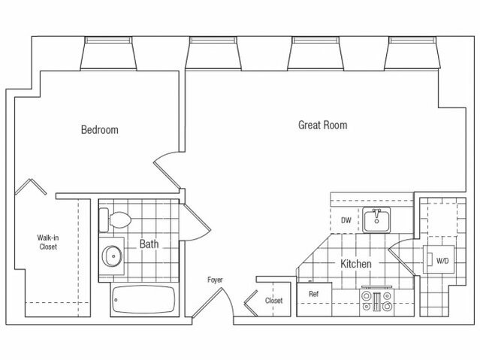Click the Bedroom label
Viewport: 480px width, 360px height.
pyautogui.click(x=99, y=129)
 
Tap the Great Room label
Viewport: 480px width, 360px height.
pyautogui.click(x=323, y=125)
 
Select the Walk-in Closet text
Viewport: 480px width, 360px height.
pyautogui.click(x=48, y=242)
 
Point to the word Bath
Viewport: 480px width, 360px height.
pyautogui.click(x=149, y=244)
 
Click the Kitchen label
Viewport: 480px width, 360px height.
pyautogui.click(x=356, y=264)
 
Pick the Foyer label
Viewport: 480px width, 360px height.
pyautogui.click(x=215, y=280)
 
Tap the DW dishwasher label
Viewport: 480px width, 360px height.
pyautogui.click(x=346, y=220)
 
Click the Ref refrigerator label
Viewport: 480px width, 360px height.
pyautogui.click(x=313, y=294)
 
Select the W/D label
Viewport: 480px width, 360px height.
pyautogui.click(x=442, y=261)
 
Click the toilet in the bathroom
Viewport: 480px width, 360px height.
pyautogui.click(x=116, y=220)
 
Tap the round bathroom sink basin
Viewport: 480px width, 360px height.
pyautogui.click(x=112, y=256)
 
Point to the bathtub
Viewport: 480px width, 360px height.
pyautogui.click(x=143, y=300)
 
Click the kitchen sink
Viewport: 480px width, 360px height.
pyautogui.click(x=376, y=219)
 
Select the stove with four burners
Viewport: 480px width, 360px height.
pyautogui.click(x=376, y=301)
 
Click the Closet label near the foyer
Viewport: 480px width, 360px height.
pyautogui.click(x=273, y=301)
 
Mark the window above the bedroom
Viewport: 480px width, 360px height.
pyautogui.click(x=108, y=53)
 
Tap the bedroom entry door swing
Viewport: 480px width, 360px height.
pyautogui.click(x=168, y=170)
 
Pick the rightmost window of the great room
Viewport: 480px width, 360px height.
pyautogui.click(x=412, y=53)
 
